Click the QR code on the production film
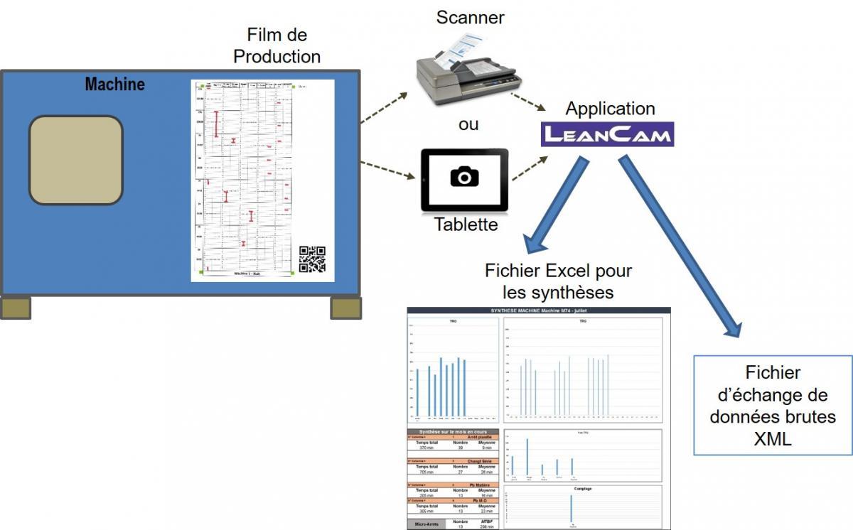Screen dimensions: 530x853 (312, 259)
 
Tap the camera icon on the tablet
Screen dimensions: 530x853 (464, 176)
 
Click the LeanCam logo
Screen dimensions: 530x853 (607, 134)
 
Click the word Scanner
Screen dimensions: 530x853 (470, 18)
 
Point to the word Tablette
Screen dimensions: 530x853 (466, 225)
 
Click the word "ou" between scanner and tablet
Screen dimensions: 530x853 (468, 124)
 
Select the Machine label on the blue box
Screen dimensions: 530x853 (114, 84)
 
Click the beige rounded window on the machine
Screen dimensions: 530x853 (75, 160)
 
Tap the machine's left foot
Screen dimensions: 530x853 (16, 307)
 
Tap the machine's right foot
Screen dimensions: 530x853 (346, 307)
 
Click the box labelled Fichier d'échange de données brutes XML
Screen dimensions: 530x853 (773, 406)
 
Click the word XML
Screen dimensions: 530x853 (773, 440)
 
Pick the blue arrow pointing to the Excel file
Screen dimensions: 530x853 (557, 205)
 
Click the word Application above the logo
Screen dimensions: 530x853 (610, 109)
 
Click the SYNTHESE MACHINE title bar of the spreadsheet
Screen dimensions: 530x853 (538, 311)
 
